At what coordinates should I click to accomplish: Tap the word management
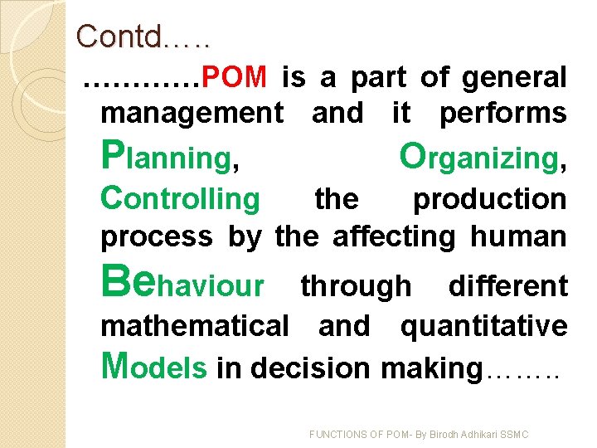pyautogui.click(x=191, y=113)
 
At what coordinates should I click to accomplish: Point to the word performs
pyautogui.click(x=502, y=113)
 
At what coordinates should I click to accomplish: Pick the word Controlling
pyautogui.click(x=180, y=199)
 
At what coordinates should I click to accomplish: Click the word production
pyautogui.click(x=489, y=199)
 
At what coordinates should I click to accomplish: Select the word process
pyautogui.click(x=156, y=236)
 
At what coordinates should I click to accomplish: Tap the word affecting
pyautogui.click(x=394, y=236)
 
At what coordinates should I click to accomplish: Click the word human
pyautogui.click(x=518, y=236)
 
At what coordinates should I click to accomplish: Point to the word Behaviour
pyautogui.click(x=182, y=285)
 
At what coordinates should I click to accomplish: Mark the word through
pyautogui.click(x=355, y=286)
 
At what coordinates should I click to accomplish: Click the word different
pyautogui.click(x=507, y=286)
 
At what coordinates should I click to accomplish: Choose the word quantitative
pyautogui.click(x=483, y=326)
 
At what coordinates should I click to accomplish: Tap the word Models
pyautogui.click(x=153, y=367)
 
